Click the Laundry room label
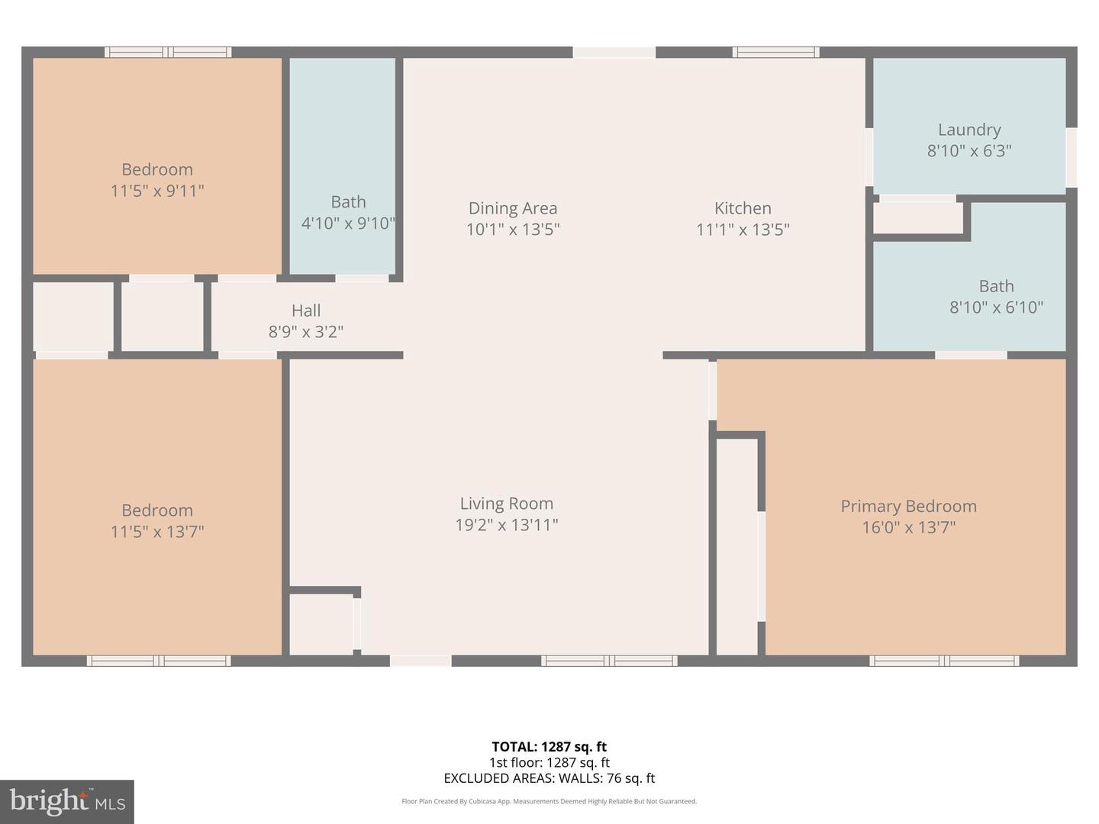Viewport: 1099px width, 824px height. coord(968,130)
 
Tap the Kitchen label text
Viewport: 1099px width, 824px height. coord(742,208)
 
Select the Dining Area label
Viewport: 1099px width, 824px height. coord(512,208)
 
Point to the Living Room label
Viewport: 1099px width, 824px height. coord(506,504)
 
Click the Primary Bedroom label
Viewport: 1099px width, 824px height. coord(908,507)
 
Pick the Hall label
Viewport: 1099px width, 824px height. coord(305,311)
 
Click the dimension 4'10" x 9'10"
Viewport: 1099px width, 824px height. coord(348,224)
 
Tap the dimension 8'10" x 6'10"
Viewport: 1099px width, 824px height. coord(996,307)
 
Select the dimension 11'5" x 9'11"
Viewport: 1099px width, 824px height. coord(157,191)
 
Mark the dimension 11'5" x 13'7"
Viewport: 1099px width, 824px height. coord(157,532)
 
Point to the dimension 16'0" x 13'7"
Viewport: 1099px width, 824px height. coord(908,527)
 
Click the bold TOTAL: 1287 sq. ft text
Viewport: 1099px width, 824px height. coord(549,747)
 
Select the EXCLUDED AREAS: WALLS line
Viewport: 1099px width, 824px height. coord(549,778)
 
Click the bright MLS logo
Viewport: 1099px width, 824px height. coord(67,801)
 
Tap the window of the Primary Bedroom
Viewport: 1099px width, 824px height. coord(944,661)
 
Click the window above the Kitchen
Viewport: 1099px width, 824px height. coord(775,53)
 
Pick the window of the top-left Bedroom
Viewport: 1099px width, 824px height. coord(168,53)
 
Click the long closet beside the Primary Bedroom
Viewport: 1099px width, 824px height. coord(736,546)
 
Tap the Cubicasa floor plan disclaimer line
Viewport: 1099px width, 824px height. coord(549,801)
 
